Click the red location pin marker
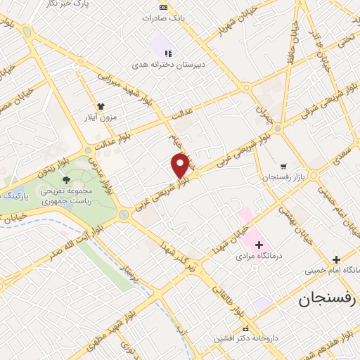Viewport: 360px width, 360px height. pyautogui.click(x=181, y=165)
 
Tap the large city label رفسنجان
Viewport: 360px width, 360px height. pyautogui.click(x=328, y=299)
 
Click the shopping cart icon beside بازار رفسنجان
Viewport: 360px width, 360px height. pyautogui.click(x=283, y=166)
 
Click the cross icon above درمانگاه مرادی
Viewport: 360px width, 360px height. pyautogui.click(x=259, y=245)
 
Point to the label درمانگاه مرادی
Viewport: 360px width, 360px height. pyautogui.click(x=259, y=257)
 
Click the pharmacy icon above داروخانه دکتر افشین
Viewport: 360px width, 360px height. pyautogui.click(x=245, y=328)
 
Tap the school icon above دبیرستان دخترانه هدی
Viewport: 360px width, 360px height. pyautogui.click(x=168, y=53)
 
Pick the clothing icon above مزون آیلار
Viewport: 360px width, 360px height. pyautogui.click(x=101, y=105)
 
